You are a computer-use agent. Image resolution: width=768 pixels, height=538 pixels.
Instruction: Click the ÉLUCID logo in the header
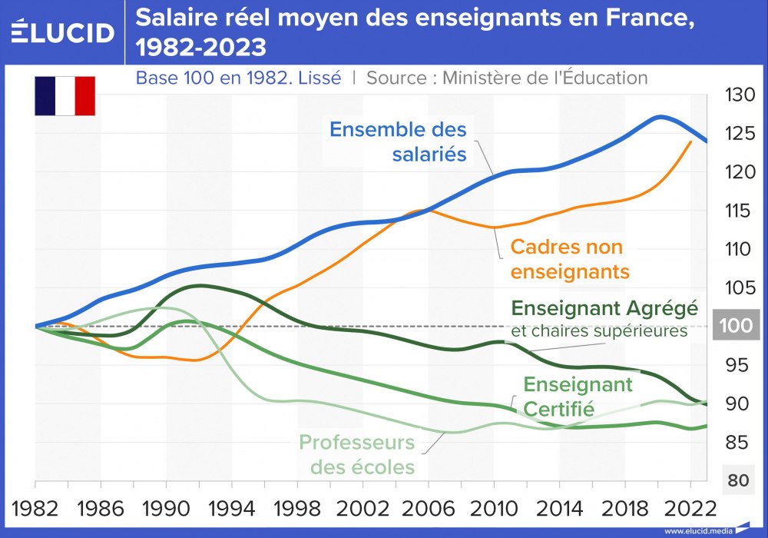coord(63,32)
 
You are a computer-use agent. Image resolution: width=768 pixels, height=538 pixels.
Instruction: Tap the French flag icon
coord(65,96)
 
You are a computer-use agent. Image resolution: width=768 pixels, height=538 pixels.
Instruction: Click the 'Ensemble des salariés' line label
coord(398,141)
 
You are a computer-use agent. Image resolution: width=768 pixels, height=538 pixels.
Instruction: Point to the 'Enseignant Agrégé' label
coord(604,309)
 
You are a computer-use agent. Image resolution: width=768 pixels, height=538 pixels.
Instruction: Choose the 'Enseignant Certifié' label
coord(578,396)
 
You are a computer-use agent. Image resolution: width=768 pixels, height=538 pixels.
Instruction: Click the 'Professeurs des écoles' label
coord(356,454)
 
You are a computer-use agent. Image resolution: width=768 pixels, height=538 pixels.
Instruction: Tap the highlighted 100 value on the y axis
coord(736,326)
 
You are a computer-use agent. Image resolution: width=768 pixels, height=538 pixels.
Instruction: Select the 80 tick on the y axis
coord(737,480)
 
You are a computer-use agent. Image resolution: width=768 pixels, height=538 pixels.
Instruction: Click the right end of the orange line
coord(690,142)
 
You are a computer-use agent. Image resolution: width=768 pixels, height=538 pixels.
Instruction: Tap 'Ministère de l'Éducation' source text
coord(545,78)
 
